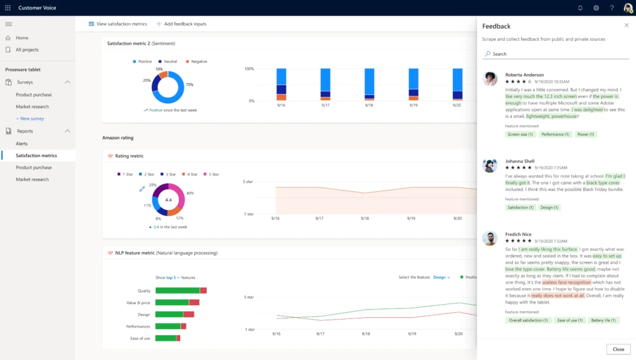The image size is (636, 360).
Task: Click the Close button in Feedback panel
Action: point(618,349)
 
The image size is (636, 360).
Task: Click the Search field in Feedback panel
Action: point(556,54)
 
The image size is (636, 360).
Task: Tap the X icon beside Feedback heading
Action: point(626,25)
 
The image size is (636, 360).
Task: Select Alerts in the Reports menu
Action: point(22,143)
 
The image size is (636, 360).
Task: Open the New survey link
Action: point(31,119)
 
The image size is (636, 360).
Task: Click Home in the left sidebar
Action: point(22,38)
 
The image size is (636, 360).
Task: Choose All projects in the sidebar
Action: point(27,50)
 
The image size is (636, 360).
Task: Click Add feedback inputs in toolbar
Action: point(181,24)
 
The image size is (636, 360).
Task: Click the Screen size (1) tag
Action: point(520,134)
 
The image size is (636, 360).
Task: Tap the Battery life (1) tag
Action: point(604,320)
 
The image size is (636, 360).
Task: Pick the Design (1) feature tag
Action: point(549,207)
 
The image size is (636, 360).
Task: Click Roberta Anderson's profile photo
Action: point(490,78)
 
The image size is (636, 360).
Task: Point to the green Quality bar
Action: point(177,290)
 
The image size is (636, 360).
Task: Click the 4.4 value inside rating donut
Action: point(168,200)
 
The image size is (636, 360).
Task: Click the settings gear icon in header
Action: point(596,8)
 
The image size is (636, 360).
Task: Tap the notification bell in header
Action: point(580,8)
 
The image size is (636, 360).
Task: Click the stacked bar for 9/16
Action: point(281,84)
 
